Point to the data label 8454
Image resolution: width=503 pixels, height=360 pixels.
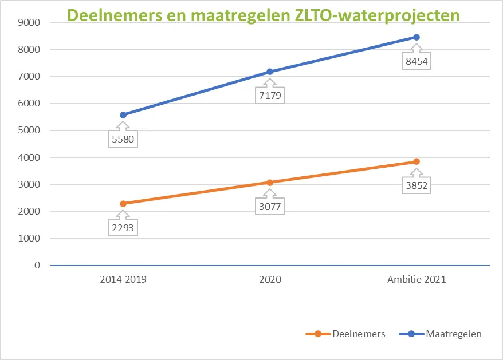point(416,60)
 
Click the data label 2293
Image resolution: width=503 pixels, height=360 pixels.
point(123,227)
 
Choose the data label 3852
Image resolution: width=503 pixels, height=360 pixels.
point(416,185)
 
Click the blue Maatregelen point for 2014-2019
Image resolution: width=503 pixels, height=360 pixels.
point(123,115)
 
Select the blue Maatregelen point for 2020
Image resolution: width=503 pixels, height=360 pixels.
point(270,72)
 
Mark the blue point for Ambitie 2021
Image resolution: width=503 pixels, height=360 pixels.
point(416,37)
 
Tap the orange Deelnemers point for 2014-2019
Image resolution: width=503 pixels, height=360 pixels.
point(123,204)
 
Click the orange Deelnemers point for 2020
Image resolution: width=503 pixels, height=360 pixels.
point(270,183)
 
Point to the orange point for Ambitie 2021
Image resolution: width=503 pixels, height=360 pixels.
point(416,161)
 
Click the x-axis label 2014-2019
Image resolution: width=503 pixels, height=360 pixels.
point(123,280)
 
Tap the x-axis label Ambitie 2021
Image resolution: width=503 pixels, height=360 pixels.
point(416,280)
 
